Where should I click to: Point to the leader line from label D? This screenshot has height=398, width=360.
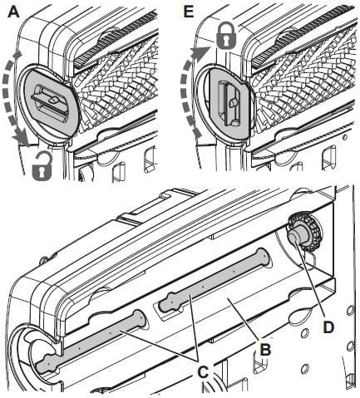[314, 283]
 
